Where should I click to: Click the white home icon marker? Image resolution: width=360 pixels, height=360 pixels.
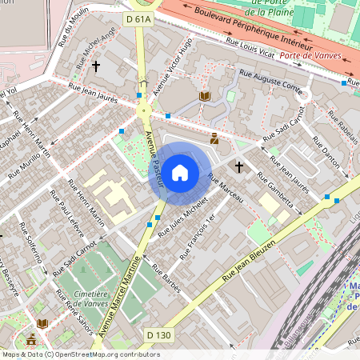pyautogui.click(x=180, y=172)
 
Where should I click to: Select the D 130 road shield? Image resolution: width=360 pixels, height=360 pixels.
pyautogui.click(x=158, y=334)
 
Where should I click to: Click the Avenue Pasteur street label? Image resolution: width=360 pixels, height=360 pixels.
pyautogui.click(x=154, y=160)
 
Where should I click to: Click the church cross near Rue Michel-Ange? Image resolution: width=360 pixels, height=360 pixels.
pyautogui.click(x=97, y=66)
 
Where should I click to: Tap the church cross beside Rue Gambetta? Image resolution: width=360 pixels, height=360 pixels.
pyautogui.click(x=238, y=166)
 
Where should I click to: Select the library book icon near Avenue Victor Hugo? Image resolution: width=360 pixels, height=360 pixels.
pyautogui.click(x=204, y=96)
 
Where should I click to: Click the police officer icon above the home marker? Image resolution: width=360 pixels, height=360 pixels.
pyautogui.click(x=214, y=138)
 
